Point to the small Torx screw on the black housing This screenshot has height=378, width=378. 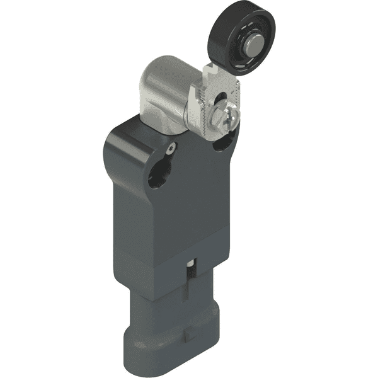[171, 148]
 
